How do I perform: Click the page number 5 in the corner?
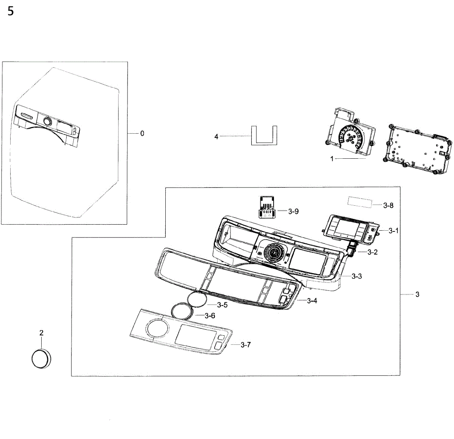[x=10, y=11]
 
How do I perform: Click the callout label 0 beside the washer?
[x=142, y=133]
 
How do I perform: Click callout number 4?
[x=216, y=136]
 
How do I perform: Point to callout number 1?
[x=332, y=159]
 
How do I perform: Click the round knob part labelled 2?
[x=41, y=358]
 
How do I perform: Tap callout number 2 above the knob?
[x=41, y=333]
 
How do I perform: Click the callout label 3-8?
[x=388, y=205]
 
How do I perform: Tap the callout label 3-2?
[x=372, y=252]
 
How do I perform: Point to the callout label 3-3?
[x=356, y=276]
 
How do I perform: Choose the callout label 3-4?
[x=312, y=301]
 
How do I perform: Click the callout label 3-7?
[x=246, y=345]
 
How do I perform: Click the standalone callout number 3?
[x=417, y=294]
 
